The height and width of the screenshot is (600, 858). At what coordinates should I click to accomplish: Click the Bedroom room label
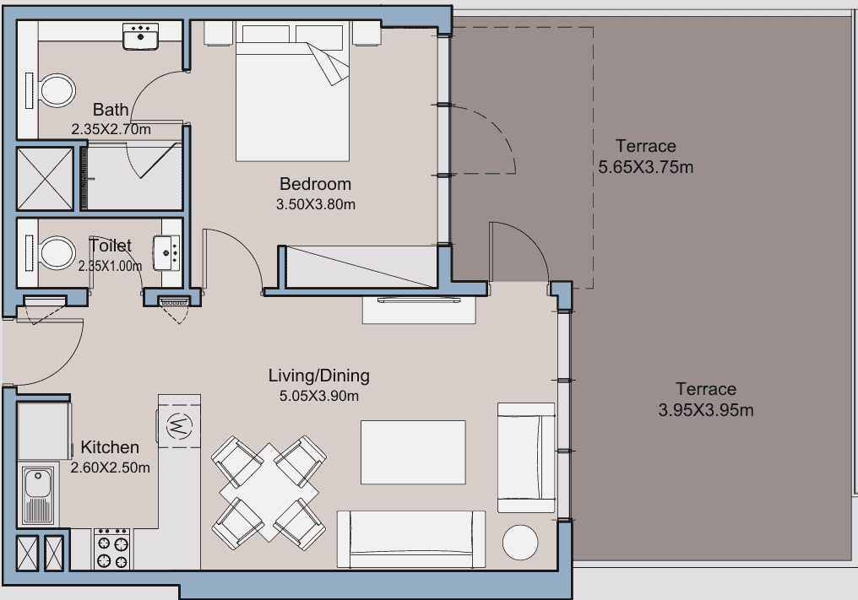pos(315,184)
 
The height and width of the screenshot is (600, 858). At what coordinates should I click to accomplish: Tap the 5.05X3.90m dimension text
pos(319,396)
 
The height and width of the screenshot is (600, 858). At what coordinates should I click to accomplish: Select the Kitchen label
pos(110,447)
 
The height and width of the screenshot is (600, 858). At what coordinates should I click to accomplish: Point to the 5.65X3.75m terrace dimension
pos(646,167)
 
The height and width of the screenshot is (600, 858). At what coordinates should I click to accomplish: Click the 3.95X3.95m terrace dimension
pos(706,409)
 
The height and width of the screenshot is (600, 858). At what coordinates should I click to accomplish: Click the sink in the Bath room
pos(141,36)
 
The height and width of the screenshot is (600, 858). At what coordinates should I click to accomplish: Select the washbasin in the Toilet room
pos(167,252)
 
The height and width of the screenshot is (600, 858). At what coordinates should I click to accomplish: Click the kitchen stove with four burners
pos(112,549)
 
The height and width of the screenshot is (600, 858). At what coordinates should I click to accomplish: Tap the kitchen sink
pos(38,495)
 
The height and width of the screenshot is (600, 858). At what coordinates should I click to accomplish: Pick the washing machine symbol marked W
pos(179,424)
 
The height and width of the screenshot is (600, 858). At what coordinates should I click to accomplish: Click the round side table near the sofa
pos(520,542)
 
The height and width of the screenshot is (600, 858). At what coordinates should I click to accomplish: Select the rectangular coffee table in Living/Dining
pos(413,452)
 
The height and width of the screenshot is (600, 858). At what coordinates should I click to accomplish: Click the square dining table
pos(269,492)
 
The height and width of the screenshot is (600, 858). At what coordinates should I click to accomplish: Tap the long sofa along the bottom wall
pos(411,540)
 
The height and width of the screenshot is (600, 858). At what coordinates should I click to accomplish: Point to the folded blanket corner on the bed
pos(330,63)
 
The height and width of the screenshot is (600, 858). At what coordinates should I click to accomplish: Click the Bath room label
pos(111,110)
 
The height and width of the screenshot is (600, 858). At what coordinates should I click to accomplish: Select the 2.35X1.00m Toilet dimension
pos(110,267)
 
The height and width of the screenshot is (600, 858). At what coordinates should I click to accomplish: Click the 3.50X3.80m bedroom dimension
pos(316,204)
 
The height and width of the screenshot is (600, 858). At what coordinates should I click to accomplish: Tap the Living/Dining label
pos(319,376)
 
